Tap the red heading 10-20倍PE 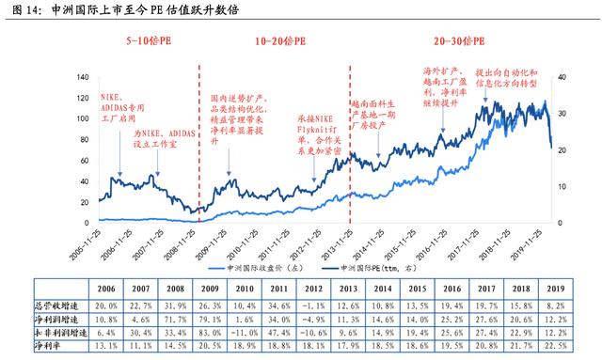[x=277, y=43]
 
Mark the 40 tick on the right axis [x=563, y=77]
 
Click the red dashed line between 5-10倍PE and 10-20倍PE [x=198, y=141]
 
